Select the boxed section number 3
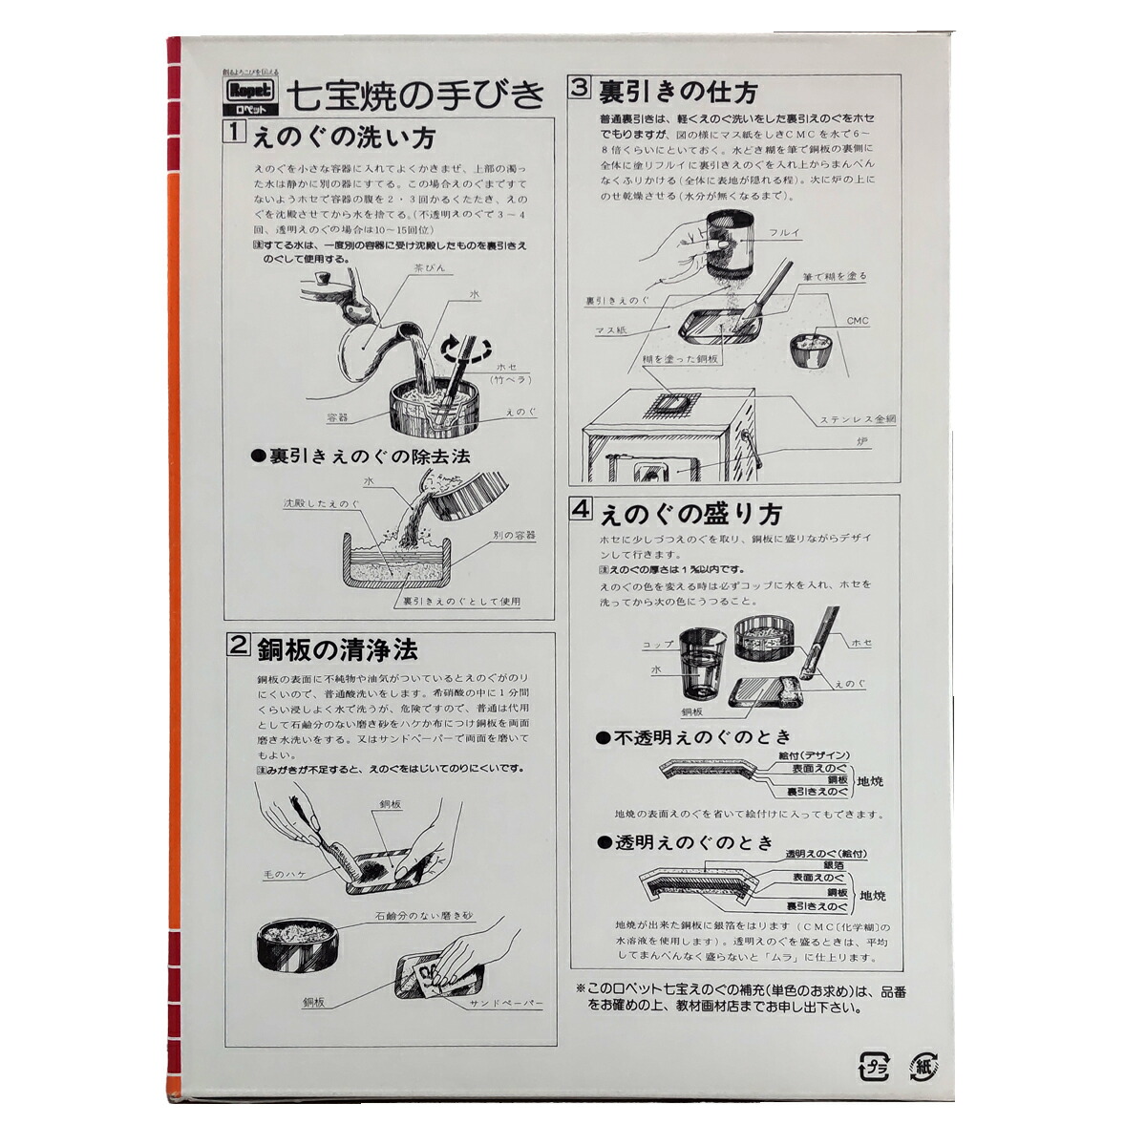coord(580,88)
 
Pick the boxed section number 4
coord(581,509)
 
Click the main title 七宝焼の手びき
coord(416,94)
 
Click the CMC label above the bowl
coord(858,321)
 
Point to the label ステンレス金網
coord(857,419)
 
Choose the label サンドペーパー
coord(505,1004)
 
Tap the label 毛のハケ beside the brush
coord(285,873)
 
